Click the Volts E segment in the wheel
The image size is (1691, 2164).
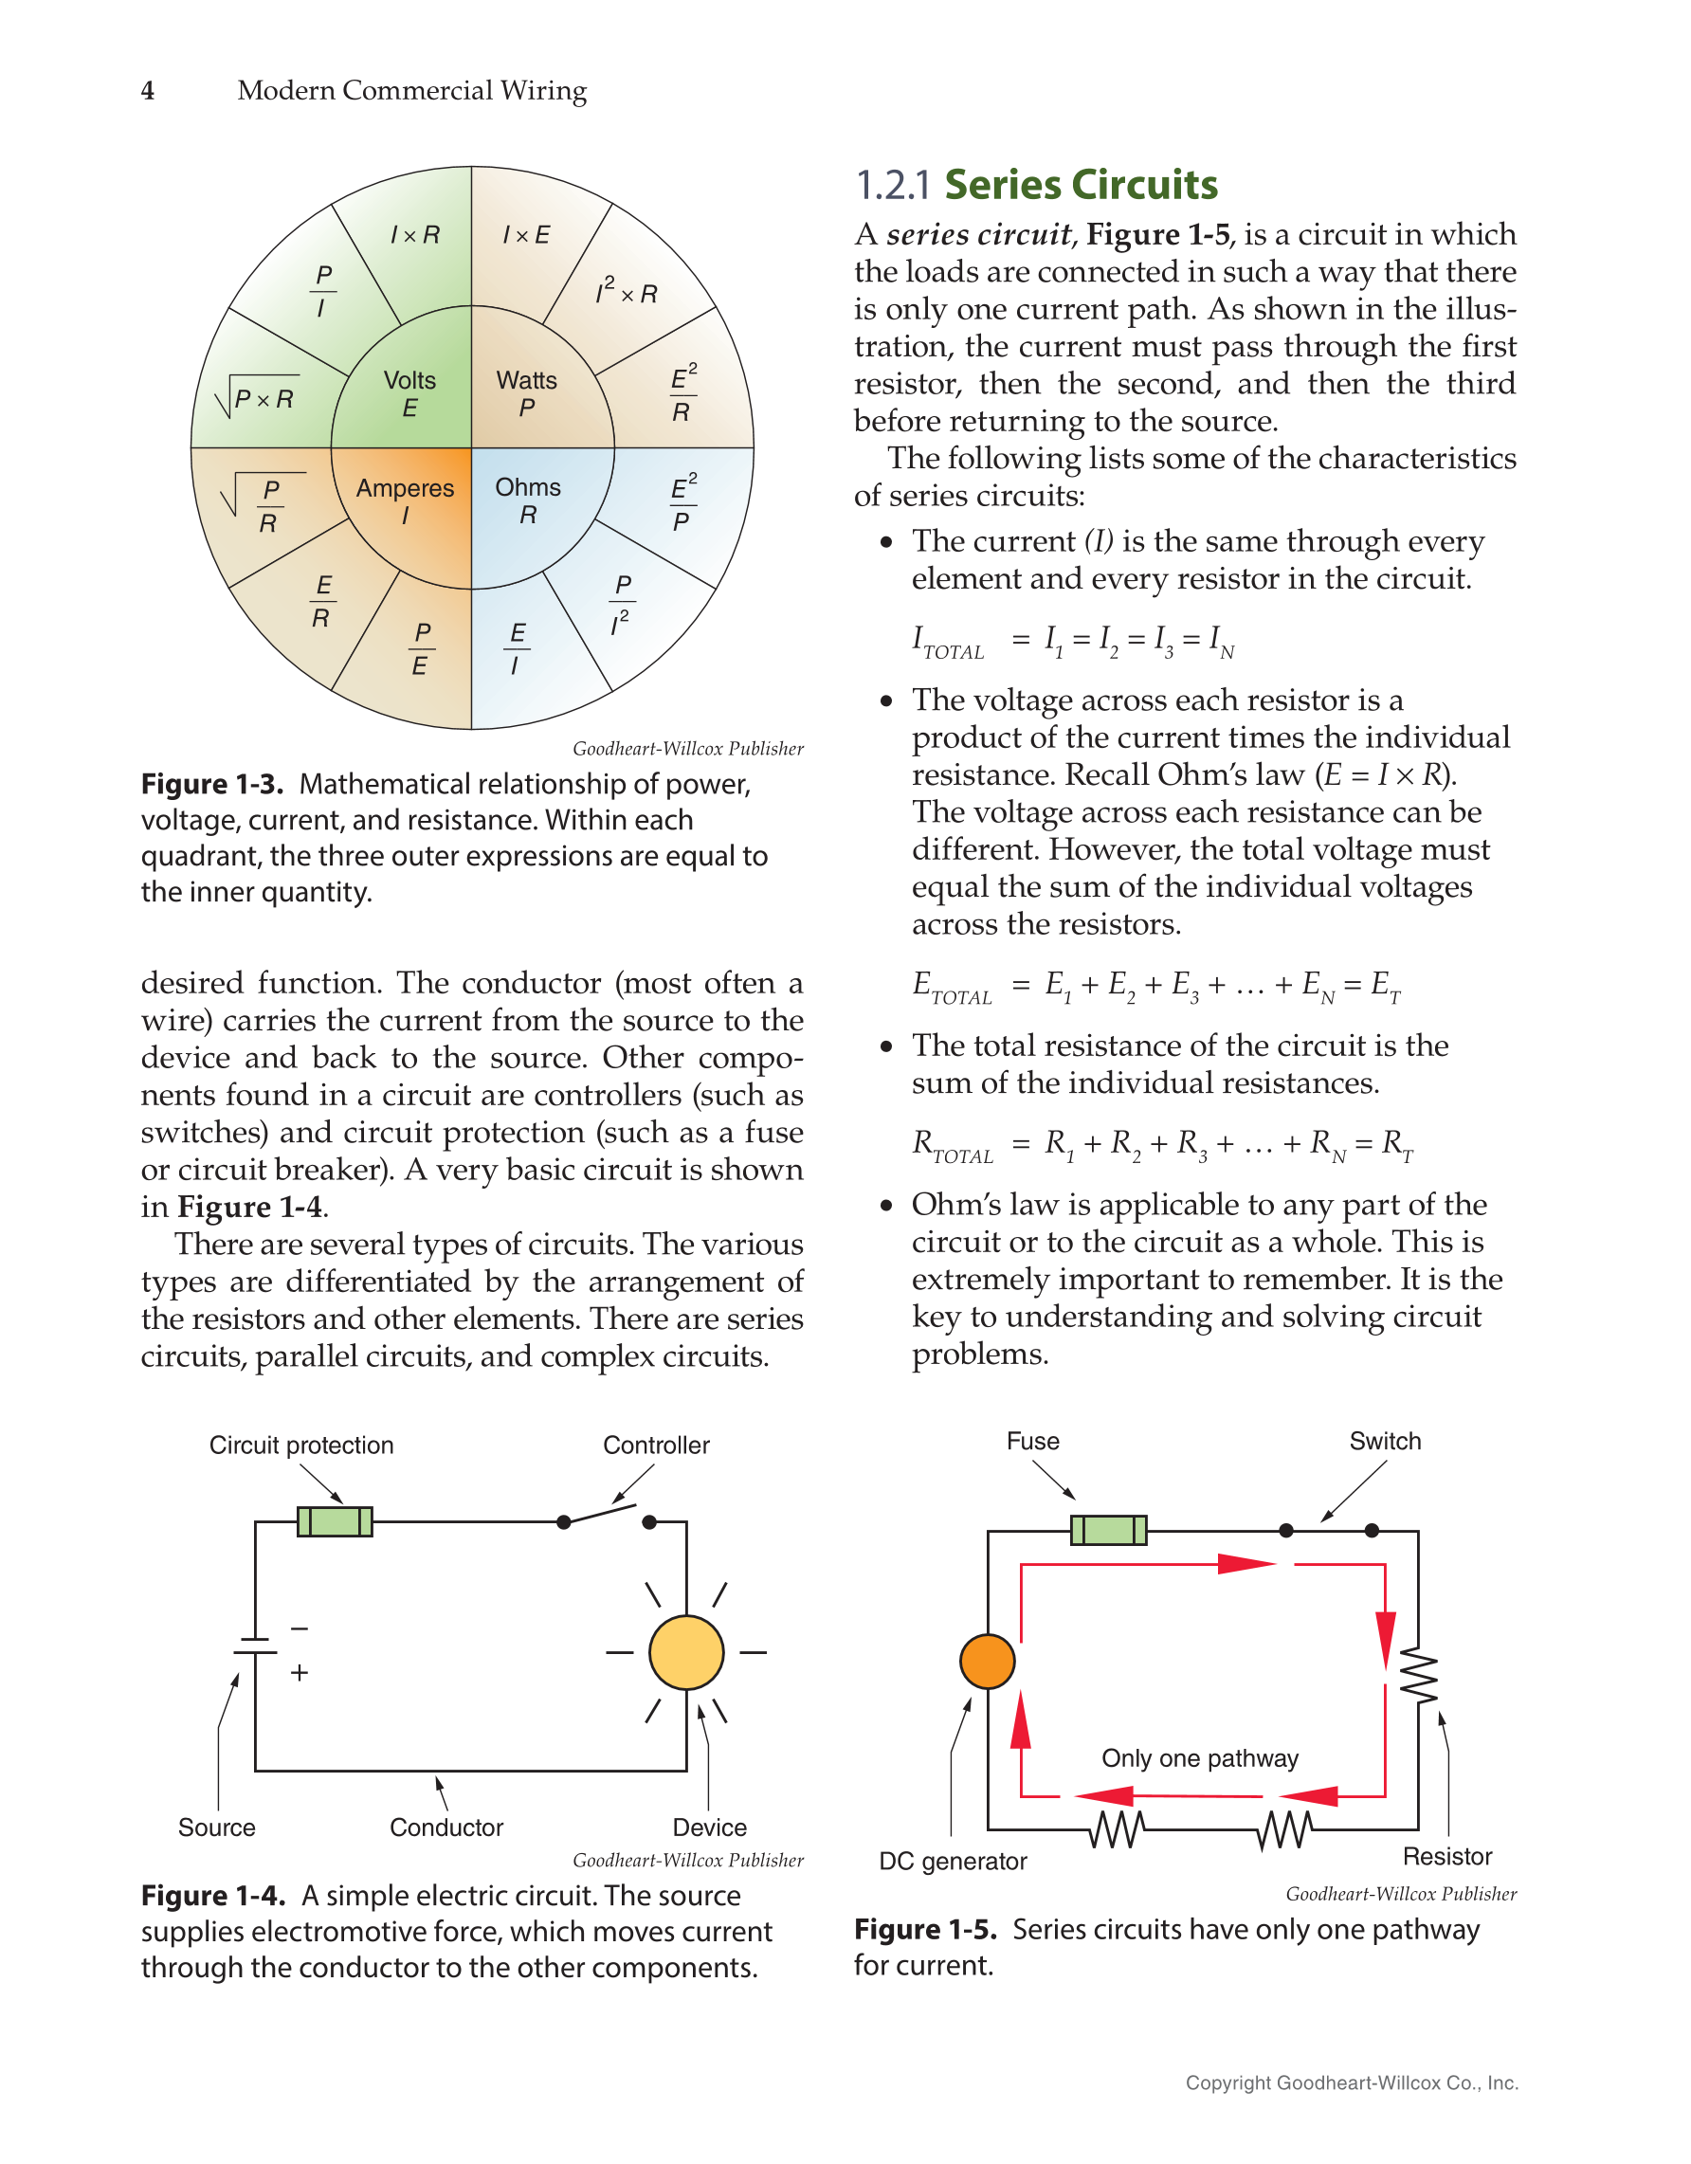click(x=409, y=393)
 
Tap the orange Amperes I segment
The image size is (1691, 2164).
click(x=405, y=501)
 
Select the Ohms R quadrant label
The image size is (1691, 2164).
click(x=528, y=500)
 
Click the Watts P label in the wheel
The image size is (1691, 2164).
click(x=526, y=393)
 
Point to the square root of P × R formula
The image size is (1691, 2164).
click(x=258, y=398)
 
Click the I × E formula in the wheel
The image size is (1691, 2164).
click(x=525, y=236)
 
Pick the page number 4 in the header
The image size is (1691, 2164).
click(x=148, y=91)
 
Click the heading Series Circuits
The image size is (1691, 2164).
click(x=1080, y=185)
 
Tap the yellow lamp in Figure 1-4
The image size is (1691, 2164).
click(x=685, y=1652)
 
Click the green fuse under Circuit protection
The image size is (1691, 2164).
click(x=335, y=1521)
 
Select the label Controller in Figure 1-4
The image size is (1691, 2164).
click(x=656, y=1445)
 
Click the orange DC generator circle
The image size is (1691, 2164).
click(x=987, y=1662)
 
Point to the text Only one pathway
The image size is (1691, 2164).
click(x=1199, y=1757)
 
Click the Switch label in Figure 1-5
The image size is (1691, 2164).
click(x=1384, y=1441)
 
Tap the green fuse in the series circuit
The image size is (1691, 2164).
click(x=1108, y=1530)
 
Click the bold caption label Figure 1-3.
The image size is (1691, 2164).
click(x=212, y=785)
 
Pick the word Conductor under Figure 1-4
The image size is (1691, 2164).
click(x=445, y=1828)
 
